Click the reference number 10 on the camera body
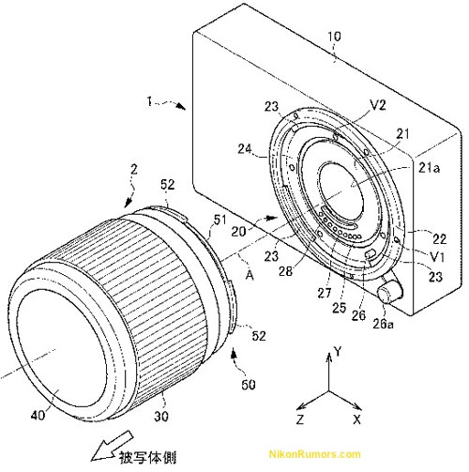(x=334, y=37)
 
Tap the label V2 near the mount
(x=378, y=105)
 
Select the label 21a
(x=430, y=168)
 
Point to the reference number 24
(x=245, y=148)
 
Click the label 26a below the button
(x=383, y=324)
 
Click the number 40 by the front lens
(x=38, y=415)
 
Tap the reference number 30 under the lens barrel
(x=161, y=416)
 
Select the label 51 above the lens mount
(x=219, y=220)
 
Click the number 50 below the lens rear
(x=249, y=384)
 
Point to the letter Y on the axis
(x=338, y=352)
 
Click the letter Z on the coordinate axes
(x=300, y=419)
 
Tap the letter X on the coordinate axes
(x=356, y=419)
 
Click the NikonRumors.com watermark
(x=314, y=454)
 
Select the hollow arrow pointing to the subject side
(x=112, y=446)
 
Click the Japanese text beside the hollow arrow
(x=147, y=458)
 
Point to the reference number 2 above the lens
(x=133, y=170)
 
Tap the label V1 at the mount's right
(x=437, y=257)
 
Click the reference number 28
(x=285, y=271)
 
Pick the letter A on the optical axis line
(x=250, y=275)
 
